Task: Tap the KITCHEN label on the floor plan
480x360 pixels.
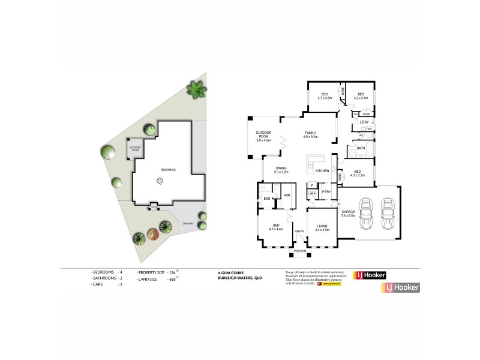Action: click(322, 172)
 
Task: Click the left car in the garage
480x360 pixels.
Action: click(366, 214)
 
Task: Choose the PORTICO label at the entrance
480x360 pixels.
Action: click(301, 251)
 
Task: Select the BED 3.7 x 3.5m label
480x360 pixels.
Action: click(324, 96)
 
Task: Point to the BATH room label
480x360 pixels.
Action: click(361, 148)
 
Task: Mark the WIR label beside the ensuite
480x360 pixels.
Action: click(287, 195)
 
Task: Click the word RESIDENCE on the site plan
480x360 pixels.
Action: click(167, 170)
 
